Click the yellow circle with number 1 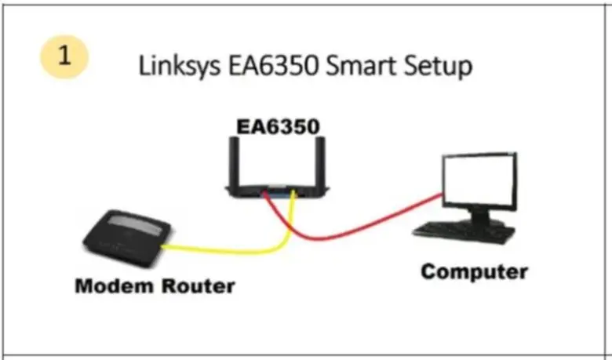click(x=65, y=57)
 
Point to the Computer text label click(x=474, y=272)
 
